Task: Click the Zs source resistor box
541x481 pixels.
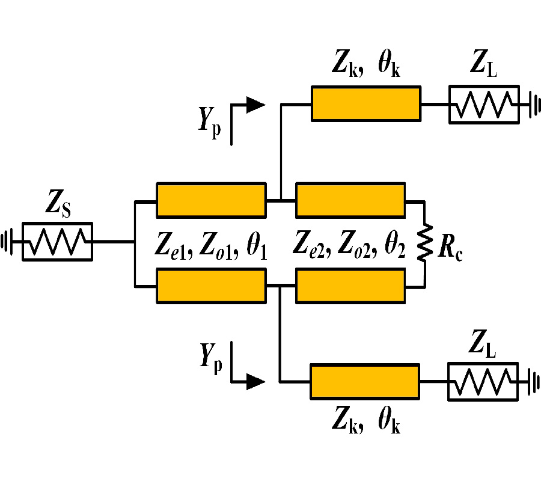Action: point(57,242)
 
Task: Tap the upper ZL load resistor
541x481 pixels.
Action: point(484,106)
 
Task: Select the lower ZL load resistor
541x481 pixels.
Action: point(483,381)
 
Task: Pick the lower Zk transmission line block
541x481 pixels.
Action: point(364,381)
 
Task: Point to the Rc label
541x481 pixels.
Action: point(450,247)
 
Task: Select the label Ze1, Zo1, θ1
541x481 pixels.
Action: point(210,245)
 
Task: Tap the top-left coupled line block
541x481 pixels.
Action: point(210,200)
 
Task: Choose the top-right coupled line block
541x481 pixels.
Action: point(350,200)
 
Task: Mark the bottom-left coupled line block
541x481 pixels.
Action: point(210,285)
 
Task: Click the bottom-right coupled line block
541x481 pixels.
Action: point(350,285)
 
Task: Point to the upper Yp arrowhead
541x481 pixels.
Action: point(256,104)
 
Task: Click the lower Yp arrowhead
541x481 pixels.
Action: point(256,381)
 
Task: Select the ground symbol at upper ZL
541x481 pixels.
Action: point(532,106)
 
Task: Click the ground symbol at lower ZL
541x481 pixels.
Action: point(532,381)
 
